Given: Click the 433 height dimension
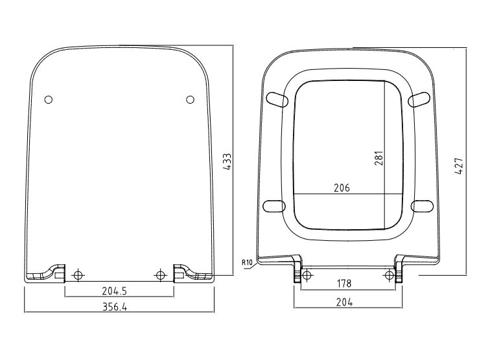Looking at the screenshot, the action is click(x=227, y=162).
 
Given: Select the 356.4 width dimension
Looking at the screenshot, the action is click(x=115, y=307).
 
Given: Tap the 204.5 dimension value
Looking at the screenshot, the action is click(x=115, y=291).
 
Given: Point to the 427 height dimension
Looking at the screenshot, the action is click(x=459, y=166).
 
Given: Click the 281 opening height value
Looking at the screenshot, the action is click(x=378, y=158).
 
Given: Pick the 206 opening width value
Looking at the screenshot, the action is click(x=342, y=188).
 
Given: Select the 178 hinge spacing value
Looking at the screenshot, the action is click(x=344, y=284).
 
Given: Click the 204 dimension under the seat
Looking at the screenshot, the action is click(x=345, y=302).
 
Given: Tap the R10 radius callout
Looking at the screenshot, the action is click(x=246, y=263).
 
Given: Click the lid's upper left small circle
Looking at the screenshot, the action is click(x=49, y=100).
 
